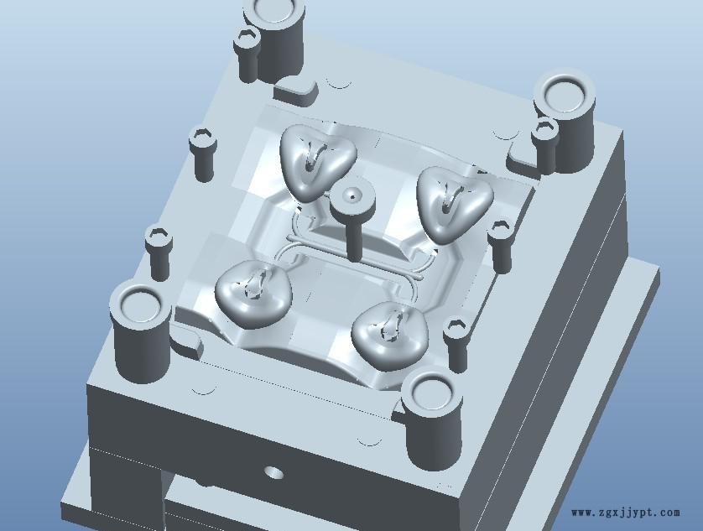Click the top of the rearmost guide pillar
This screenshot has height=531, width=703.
[275, 10]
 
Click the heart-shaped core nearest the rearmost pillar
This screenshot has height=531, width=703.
[318, 159]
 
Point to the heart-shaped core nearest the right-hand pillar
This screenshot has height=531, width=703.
[454, 203]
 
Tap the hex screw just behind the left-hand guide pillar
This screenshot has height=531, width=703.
[159, 253]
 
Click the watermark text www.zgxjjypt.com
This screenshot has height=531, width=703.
[625, 513]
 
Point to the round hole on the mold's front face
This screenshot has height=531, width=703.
[274, 471]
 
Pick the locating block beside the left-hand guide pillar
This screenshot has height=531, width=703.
[186, 341]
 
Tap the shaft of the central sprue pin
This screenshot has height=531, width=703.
[354, 237]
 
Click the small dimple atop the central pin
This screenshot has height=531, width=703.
[352, 195]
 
